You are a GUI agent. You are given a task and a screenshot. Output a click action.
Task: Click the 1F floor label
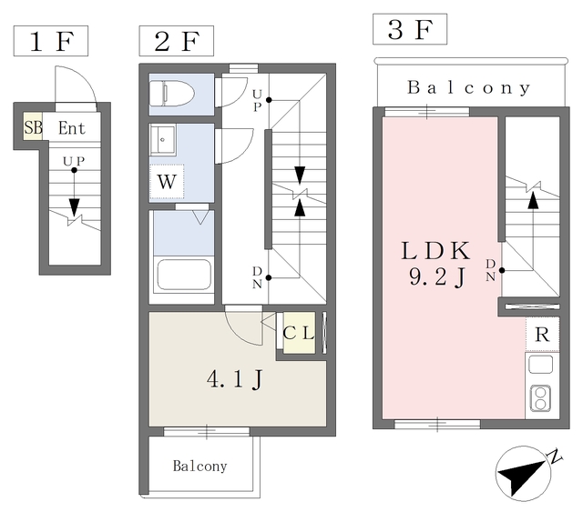49,43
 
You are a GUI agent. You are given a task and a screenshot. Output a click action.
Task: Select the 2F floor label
176,42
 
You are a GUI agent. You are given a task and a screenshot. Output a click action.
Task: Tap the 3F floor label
410,30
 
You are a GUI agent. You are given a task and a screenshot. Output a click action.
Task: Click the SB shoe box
33,128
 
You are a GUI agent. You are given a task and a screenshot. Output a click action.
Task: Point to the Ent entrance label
72,128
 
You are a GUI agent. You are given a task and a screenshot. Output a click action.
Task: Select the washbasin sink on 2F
167,140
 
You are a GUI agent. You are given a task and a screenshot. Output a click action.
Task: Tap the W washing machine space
166,181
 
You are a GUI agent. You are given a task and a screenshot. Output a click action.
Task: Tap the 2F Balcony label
199,467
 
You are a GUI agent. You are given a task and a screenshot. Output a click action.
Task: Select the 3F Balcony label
468,88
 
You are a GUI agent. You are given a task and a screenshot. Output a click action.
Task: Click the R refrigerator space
542,335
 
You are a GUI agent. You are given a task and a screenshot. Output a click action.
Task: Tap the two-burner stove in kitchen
540,397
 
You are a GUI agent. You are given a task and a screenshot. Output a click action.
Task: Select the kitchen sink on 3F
540,365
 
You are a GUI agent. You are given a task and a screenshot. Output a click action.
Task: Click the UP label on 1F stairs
74,161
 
